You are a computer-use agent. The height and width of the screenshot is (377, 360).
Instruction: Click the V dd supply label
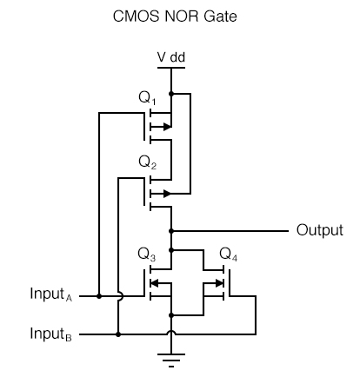[170, 57]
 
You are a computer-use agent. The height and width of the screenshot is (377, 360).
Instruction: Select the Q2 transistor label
[148, 163]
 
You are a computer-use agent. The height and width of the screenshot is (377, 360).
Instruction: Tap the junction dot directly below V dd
[171, 92]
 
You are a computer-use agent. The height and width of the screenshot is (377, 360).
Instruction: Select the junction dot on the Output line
[171, 231]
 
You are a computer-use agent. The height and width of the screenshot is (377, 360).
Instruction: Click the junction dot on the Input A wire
[99, 296]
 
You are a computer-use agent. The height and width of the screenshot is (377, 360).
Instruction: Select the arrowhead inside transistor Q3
[153, 282]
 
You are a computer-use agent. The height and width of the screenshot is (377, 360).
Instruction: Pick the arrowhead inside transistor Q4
[220, 282]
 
